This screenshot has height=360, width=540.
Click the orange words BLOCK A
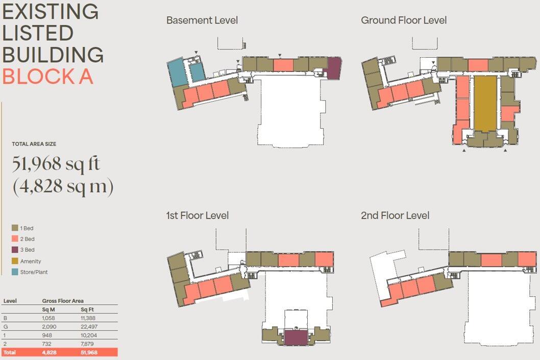click(x=47, y=76)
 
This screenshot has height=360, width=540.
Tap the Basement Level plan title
click(x=202, y=20)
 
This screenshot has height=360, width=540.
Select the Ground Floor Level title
click(x=403, y=20)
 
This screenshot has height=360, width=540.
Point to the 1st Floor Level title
click(x=197, y=215)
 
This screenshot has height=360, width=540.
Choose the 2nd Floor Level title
click(x=395, y=215)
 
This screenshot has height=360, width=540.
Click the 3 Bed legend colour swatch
click(x=15, y=250)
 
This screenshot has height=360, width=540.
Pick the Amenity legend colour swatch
click(x=15, y=261)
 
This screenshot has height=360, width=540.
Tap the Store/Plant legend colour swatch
click(x=15, y=272)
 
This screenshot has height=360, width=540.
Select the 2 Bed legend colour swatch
click(x=15, y=239)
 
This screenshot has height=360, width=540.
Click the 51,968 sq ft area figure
click(x=56, y=164)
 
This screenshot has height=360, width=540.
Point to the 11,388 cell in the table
click(x=88, y=318)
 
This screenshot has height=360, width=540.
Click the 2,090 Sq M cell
click(x=48, y=327)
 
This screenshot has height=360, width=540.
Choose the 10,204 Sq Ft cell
click(x=88, y=335)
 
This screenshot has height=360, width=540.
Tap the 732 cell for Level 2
click(x=46, y=344)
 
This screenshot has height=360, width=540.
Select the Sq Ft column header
click(x=87, y=309)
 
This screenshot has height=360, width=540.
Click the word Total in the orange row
click(x=9, y=353)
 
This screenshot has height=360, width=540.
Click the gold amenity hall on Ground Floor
click(x=485, y=103)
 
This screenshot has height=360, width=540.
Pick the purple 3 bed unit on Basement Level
click(x=333, y=68)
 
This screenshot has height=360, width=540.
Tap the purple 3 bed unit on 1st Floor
click(x=296, y=337)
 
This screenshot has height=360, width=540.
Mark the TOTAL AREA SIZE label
click(x=34, y=144)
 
